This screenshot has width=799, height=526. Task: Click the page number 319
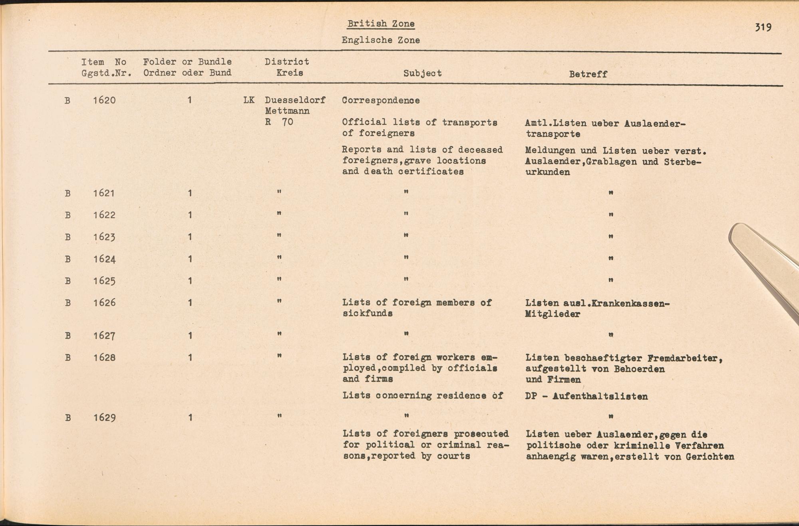763,27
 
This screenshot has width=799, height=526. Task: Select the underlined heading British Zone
381,24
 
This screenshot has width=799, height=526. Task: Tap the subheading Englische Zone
380,40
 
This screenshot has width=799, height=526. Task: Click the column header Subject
422,73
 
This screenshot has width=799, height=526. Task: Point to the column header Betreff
588,74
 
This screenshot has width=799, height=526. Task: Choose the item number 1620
104,100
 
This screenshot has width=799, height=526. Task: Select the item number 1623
104,237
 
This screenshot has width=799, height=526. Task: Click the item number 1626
104,303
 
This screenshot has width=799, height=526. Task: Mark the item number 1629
104,418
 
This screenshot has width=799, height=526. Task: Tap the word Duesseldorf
295,100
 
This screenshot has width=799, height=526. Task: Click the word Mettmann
287,111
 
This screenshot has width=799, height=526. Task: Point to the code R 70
279,122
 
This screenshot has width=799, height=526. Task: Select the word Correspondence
380,100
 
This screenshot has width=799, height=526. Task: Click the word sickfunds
367,313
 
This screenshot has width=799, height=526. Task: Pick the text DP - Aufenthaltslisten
586,396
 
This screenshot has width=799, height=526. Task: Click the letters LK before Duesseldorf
248,100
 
